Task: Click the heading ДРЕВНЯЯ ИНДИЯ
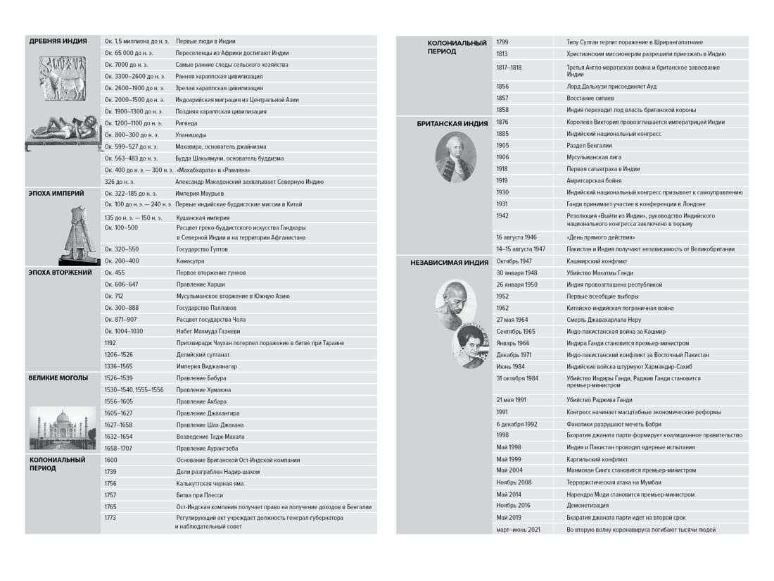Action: tap(58, 41)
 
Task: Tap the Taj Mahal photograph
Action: tap(62, 428)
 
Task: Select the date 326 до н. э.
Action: tap(120, 182)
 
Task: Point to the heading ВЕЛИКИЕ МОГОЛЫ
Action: tap(58, 378)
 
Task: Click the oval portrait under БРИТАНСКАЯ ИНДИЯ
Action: tap(455, 157)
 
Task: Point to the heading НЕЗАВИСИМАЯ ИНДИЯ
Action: tap(450, 262)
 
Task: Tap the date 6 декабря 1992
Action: tap(516, 424)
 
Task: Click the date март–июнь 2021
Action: tap(519, 529)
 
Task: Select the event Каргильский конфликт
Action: tap(597, 459)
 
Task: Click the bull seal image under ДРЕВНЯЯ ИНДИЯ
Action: tap(61, 77)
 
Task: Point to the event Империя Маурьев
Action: tap(200, 193)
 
